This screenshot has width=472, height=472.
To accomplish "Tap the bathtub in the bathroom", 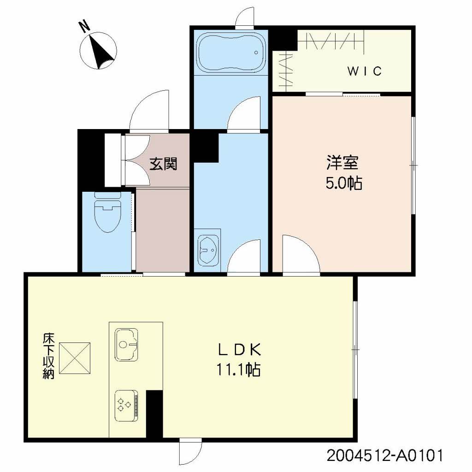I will click(x=229, y=53).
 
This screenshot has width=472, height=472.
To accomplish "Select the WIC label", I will click(x=364, y=71).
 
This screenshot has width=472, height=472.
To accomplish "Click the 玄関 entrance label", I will click(x=163, y=163).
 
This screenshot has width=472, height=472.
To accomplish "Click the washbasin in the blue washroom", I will click(x=208, y=250).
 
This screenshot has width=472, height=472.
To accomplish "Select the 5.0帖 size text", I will click(x=343, y=183).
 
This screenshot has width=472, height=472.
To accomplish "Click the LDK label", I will click(x=240, y=350).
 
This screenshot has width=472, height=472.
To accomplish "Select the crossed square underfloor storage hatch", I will click(x=77, y=358).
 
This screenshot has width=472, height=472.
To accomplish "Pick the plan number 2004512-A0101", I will click(x=385, y=456).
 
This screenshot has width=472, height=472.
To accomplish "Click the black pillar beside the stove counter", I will click(x=154, y=413).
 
